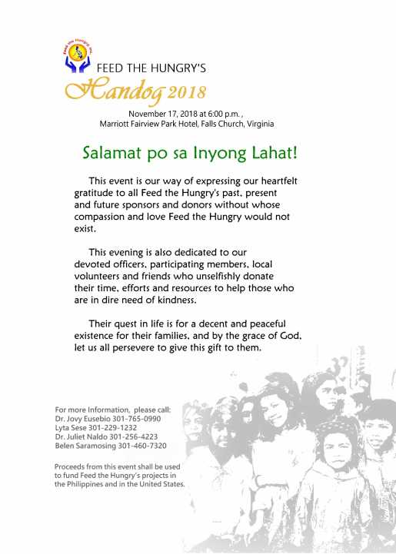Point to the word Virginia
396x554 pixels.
[257, 124]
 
